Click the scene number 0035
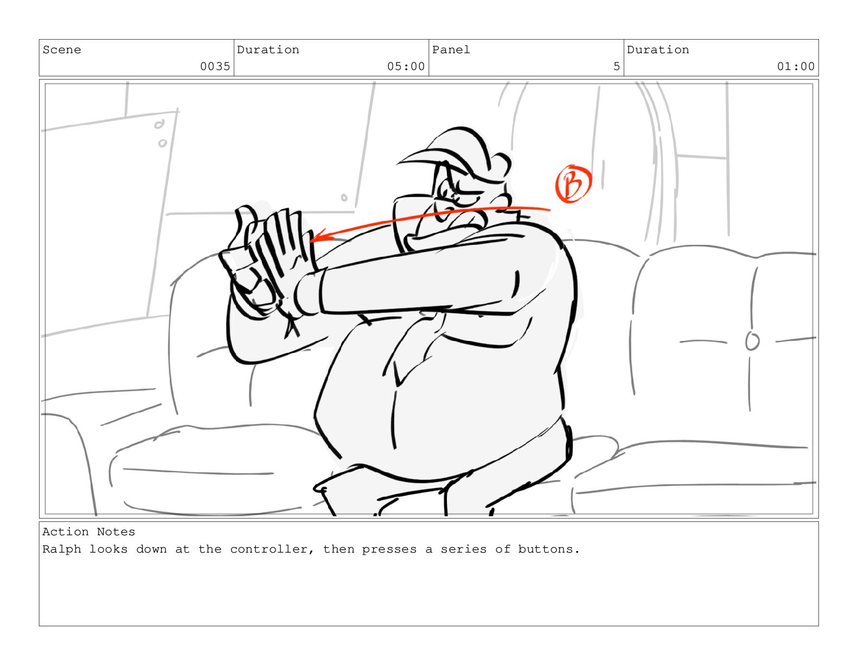pyautogui.click(x=215, y=66)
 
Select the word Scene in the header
pyautogui.click(x=62, y=50)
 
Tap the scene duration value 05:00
pyautogui.click(x=406, y=66)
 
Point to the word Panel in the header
pyautogui.click(x=451, y=50)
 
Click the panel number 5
pyautogui.click(x=616, y=66)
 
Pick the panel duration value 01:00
pyautogui.click(x=796, y=66)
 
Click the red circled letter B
pyautogui.click(x=573, y=183)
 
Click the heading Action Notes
pyautogui.click(x=89, y=532)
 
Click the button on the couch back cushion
pyautogui.click(x=752, y=341)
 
